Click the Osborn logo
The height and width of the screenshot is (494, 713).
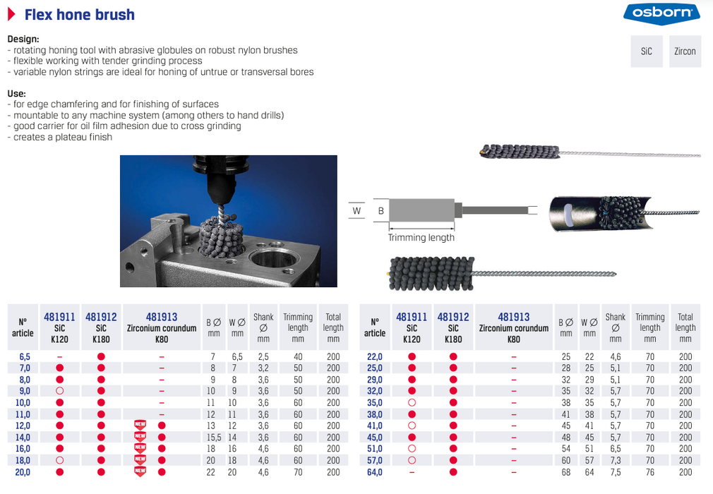point(661,13)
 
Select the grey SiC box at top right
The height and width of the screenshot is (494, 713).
point(646,52)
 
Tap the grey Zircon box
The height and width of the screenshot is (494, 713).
point(685,52)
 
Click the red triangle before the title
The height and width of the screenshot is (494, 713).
point(11,14)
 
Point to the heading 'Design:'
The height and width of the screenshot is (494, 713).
point(23,40)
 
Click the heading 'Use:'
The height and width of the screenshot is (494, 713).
point(16,93)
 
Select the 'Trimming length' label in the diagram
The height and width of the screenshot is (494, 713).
point(421,238)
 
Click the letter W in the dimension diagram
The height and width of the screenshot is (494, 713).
point(356,210)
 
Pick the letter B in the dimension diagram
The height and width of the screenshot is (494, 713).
point(381,210)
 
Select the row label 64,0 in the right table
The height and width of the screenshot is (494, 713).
point(375,472)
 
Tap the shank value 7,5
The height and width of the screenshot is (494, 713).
point(615,472)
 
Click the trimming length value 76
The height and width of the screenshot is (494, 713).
point(649,472)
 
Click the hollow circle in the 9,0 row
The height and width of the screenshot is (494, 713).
point(60,391)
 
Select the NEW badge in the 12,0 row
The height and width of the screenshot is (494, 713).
point(140,426)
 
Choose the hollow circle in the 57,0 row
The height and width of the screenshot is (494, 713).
point(412,461)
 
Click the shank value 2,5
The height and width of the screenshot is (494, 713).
point(263,356)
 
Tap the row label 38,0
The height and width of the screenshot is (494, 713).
point(375,414)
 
